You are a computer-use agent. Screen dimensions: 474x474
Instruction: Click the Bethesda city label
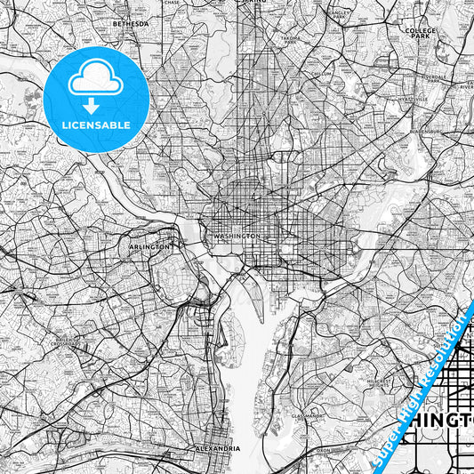pos(132,24)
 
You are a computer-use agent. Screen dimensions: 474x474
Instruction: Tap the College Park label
pos(420,34)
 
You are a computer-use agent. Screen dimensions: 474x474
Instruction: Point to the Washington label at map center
pos(237,236)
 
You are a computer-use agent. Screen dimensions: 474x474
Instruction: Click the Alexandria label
pos(217,449)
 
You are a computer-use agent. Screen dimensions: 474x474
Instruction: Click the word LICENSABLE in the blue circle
pos(95,125)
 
